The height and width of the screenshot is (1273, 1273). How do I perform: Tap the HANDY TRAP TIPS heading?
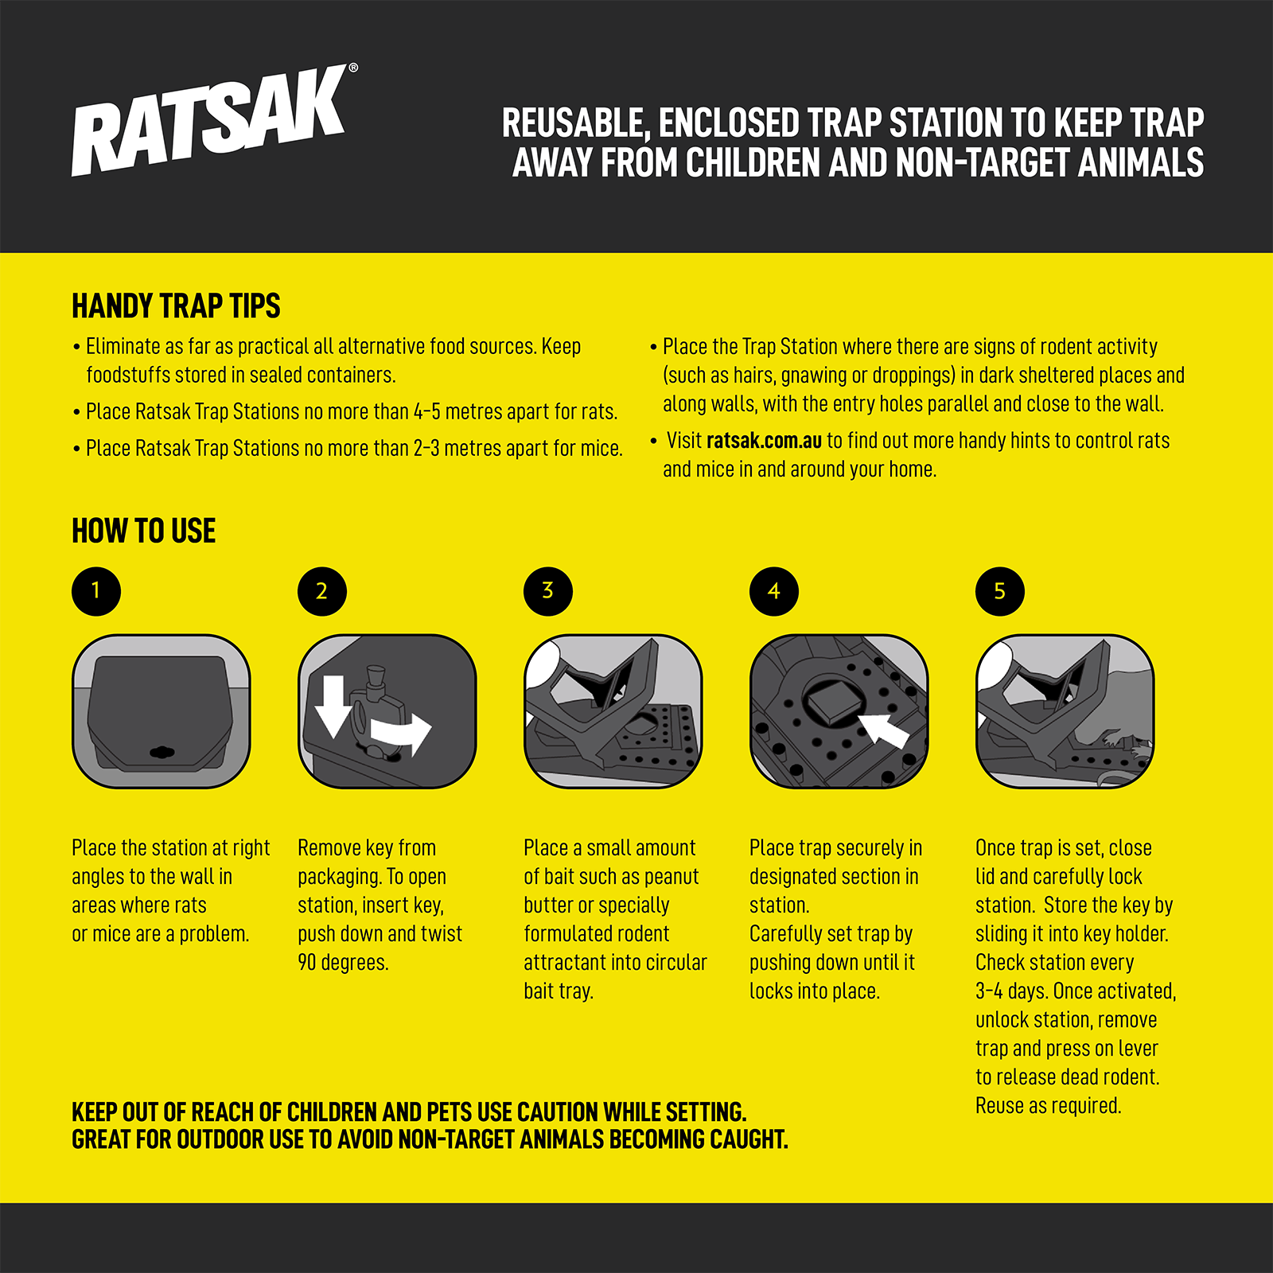pyautogui.click(x=176, y=306)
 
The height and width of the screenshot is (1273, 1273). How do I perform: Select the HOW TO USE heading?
pyautogui.click(x=144, y=531)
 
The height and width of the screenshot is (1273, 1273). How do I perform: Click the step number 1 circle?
pyautogui.click(x=96, y=591)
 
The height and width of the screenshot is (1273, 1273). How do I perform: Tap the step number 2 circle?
pyautogui.click(x=322, y=591)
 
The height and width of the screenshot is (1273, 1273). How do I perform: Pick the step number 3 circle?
pyautogui.click(x=548, y=591)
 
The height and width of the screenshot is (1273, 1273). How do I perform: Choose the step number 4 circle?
pyautogui.click(x=774, y=591)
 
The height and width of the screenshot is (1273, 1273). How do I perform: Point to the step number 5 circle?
pyautogui.click(x=1000, y=591)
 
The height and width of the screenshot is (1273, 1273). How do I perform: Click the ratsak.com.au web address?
pyautogui.click(x=764, y=441)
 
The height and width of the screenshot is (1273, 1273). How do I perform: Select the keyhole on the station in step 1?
pyautogui.click(x=162, y=752)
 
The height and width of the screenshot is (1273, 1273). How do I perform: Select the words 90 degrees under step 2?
pyautogui.click(x=343, y=963)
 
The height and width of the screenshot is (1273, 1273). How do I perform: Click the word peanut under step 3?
pyautogui.click(x=672, y=877)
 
